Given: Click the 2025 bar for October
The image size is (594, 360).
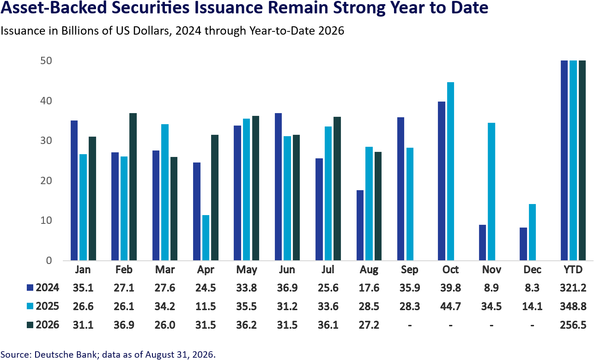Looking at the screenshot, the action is pos(450,171).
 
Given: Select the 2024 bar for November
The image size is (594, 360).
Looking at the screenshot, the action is pos(482,243).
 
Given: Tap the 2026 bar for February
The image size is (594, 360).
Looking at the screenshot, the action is pos(133,187).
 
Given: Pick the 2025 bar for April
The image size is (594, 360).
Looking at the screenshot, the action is pos(206,238).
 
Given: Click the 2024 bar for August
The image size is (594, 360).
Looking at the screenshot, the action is pos(360,225).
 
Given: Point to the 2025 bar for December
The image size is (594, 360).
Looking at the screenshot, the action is pos(532,232).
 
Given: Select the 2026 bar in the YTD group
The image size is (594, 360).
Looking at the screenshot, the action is pos(582,161).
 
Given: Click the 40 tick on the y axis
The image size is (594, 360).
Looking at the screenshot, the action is pos(46,101).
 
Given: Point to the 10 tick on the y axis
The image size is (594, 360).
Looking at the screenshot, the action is pos(46,221).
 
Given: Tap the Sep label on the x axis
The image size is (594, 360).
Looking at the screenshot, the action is pos(410,270).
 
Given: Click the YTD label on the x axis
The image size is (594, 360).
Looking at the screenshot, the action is pos(573,270).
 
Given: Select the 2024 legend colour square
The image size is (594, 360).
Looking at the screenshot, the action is pos(30,288).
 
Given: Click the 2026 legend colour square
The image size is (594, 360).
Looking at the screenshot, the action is pos(30,325).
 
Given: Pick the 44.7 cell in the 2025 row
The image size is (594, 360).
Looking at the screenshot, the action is pos(450,306).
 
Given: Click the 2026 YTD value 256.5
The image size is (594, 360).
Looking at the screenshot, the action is pos(573,325).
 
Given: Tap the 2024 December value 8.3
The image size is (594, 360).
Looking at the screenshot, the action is pos(532,288).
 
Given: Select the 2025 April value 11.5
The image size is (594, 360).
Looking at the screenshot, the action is pos(206,306).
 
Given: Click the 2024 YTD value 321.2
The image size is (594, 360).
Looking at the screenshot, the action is pos(573,288).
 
